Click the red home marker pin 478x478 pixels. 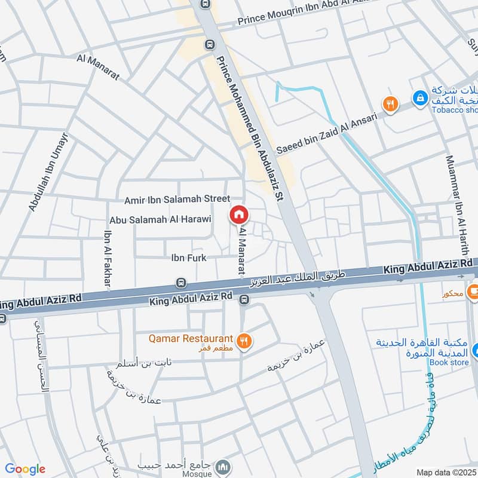[x=238, y=215]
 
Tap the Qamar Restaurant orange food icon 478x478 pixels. [x=244, y=342]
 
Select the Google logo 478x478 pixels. [x=24, y=469]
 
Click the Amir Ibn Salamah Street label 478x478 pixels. [x=177, y=199]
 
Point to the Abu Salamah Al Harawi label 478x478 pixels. [x=160, y=219]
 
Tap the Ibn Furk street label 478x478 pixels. [x=189, y=258]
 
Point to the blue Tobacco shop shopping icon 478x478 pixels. [x=421, y=97]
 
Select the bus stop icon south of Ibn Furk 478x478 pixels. [x=181, y=283]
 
